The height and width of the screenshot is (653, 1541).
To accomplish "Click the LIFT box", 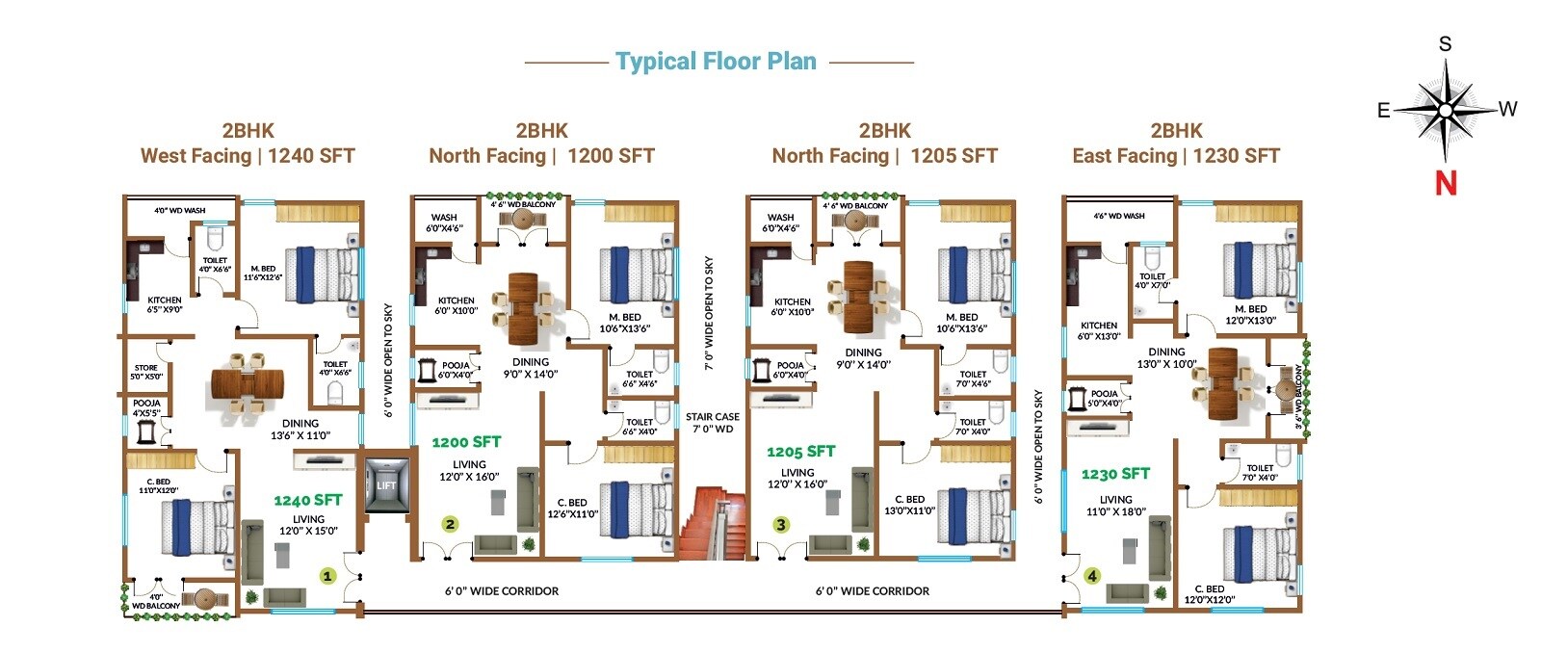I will click(x=386, y=484).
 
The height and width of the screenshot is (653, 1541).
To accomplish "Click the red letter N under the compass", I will click(x=1446, y=183).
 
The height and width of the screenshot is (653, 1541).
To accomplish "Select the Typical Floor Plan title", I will click(x=716, y=62).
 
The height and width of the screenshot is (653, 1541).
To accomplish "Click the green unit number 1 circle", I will click(x=327, y=576).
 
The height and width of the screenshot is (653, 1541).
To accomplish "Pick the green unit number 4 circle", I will click(x=1091, y=576).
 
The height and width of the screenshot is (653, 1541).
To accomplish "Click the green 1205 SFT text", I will click(x=800, y=451).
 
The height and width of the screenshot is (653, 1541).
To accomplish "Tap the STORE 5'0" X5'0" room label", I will click(x=146, y=372).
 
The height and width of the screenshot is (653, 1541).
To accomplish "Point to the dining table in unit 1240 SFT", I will click(x=248, y=383).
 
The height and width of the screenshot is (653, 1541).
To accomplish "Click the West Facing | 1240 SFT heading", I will click(x=248, y=156).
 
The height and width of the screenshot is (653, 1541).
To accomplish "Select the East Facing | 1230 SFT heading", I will click(x=1175, y=156).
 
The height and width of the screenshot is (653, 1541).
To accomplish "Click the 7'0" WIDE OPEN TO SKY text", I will click(x=709, y=313).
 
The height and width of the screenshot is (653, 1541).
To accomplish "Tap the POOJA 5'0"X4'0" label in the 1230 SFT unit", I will click(x=1104, y=398).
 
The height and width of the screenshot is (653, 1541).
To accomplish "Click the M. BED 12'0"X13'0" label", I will click(x=1250, y=315).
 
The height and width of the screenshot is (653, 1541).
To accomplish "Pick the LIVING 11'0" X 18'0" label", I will click(x=1115, y=506).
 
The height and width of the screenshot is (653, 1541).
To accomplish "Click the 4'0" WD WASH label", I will click(x=180, y=210).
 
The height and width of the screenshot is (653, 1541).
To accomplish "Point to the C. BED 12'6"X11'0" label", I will click(x=572, y=508).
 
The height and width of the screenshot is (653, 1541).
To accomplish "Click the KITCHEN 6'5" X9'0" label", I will click(x=165, y=304).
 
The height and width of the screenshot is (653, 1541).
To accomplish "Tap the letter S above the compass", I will click(x=1445, y=44).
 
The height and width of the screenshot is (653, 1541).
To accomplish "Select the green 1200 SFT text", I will click(x=466, y=442).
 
